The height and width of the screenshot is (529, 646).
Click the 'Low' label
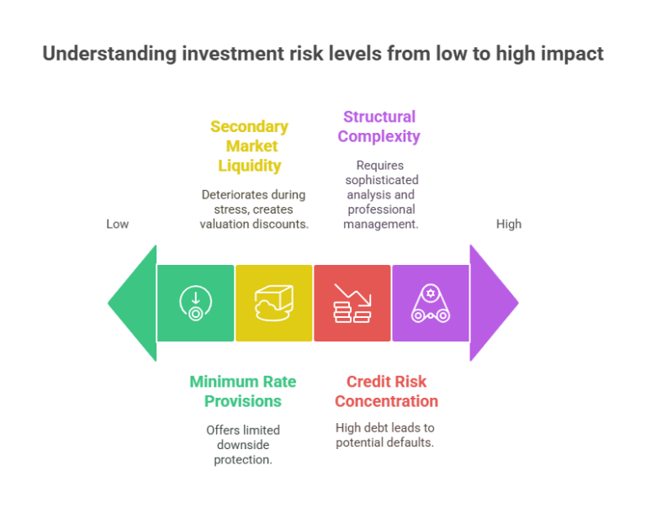click(118, 224)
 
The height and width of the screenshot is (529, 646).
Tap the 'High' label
click(509, 224)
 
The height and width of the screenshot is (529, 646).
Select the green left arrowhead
click(135, 303)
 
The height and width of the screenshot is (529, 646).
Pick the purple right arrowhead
click(492, 303)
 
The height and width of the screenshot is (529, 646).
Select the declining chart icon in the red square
click(352, 303)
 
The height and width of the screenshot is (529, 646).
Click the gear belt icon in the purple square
click(430, 303)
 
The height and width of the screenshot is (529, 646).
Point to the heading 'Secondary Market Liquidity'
click(249, 145)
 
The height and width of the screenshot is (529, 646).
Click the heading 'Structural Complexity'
click(379, 126)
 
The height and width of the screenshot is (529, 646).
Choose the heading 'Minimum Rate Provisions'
click(242, 391)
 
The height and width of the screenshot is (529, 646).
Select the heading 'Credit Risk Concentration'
click(386, 391)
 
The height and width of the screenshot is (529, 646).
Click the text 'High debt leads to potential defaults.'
click(384, 435)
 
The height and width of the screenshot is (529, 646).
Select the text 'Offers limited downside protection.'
click(242, 444)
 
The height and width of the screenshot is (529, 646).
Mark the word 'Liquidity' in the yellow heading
click(249, 165)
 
